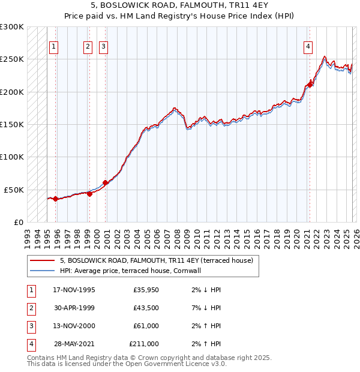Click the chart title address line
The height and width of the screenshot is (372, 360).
tap(179, 6)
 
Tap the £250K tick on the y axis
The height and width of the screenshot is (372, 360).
tap(12, 59)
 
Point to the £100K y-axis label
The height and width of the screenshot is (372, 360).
tap(12, 157)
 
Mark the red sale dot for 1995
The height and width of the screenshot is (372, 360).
tap(55, 199)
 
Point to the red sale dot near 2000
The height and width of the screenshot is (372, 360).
tap(105, 182)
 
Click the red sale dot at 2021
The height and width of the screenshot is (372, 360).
tap(311, 84)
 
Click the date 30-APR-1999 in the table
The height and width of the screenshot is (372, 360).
tap(74, 308)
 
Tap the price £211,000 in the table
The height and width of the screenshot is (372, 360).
tap(144, 344)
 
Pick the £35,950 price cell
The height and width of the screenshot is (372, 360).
tap(146, 290)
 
